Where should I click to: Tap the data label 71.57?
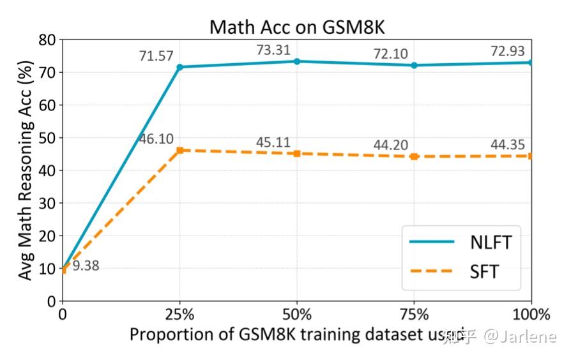click(156, 56)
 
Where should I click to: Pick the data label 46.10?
click(156, 139)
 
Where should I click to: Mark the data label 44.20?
click(390, 145)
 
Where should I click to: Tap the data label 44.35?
click(508, 145)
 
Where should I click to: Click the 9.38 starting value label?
click(86, 266)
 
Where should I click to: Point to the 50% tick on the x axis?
click(297, 314)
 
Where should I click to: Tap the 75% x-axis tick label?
click(414, 314)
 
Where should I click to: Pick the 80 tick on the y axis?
click(48, 40)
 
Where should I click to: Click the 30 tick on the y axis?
click(48, 203)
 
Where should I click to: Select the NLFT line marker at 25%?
click(180, 67)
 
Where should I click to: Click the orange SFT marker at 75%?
click(414, 156)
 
